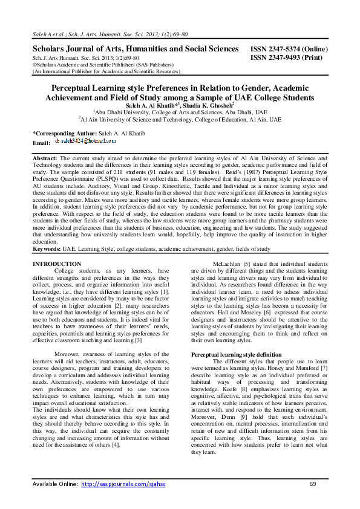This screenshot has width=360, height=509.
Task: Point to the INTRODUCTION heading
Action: coord(56,264)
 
